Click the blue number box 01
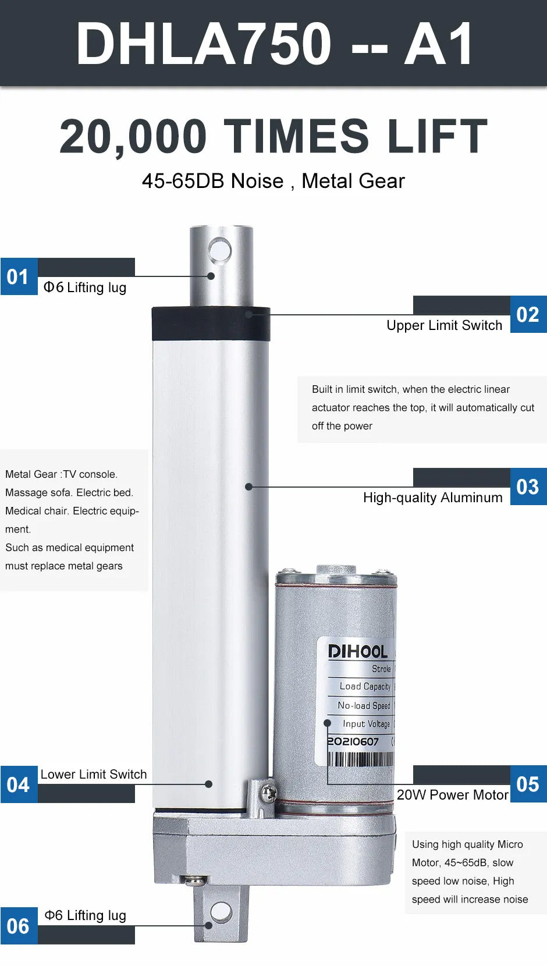[19, 276]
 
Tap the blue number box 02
[528, 314]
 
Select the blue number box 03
[528, 486]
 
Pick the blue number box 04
[19, 784]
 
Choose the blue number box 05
[528, 784]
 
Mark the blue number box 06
[19, 926]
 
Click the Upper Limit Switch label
[445, 326]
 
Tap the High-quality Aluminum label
[433, 498]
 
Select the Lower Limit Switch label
[94, 774]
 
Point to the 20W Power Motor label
[453, 795]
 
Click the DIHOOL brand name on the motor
[358, 652]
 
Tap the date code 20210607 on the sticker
[353, 742]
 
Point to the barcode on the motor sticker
[361, 759]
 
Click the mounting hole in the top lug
[219, 250]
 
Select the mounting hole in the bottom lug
[221, 912]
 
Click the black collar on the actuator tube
[211, 324]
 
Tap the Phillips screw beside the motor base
[268, 792]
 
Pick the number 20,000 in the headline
[133, 136]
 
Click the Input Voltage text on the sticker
[366, 724]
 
